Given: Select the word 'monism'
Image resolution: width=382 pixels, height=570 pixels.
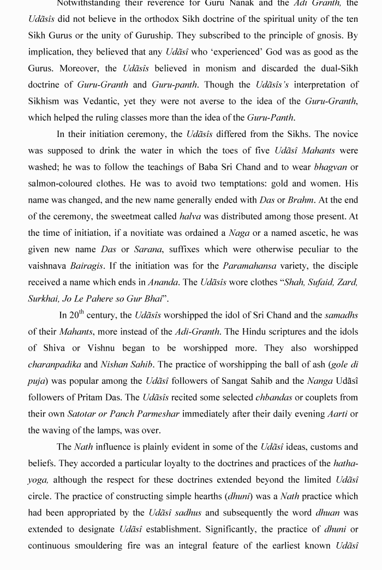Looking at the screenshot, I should pyautogui.click(x=241, y=68).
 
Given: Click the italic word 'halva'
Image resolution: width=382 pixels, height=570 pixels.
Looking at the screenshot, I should pyautogui.click(x=190, y=216).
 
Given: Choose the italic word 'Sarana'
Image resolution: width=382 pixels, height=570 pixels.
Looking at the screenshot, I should pyautogui.click(x=149, y=250).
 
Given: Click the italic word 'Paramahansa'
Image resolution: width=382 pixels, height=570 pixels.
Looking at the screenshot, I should pyautogui.click(x=250, y=266).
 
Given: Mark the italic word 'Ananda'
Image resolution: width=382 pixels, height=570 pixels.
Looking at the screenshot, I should pyautogui.click(x=163, y=282).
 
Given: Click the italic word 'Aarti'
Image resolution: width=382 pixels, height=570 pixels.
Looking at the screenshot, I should pyautogui.click(x=337, y=414).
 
